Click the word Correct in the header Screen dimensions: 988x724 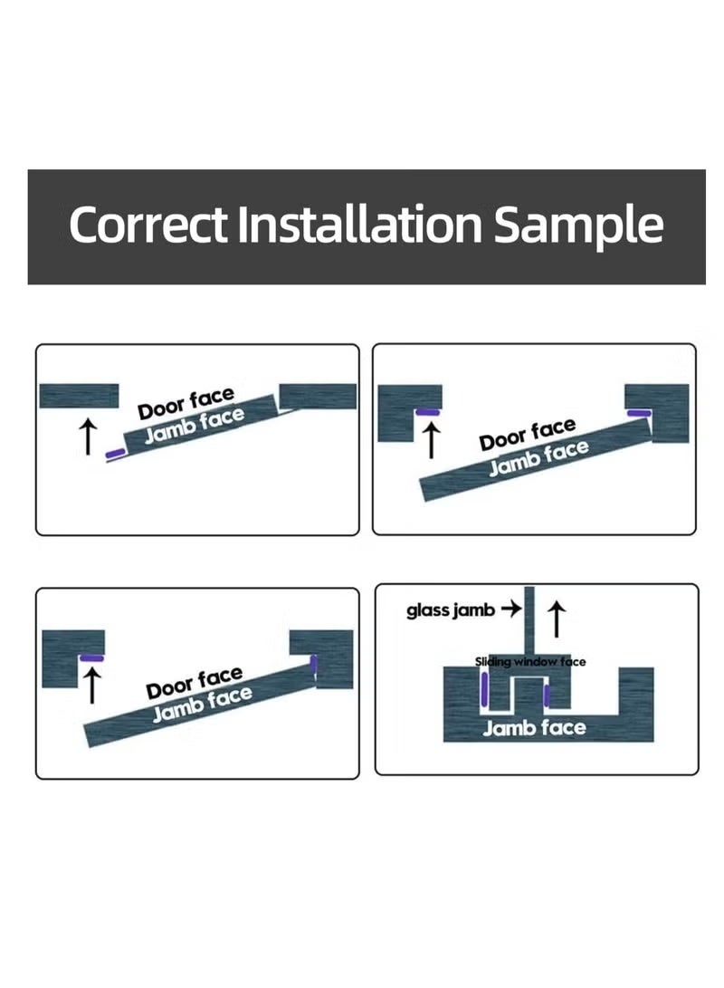coord(149,225)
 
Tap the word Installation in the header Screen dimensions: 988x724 coord(359,225)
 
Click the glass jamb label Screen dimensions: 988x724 coord(451,610)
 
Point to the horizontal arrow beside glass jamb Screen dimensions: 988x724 coord(510,609)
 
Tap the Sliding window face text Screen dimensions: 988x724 coord(530,662)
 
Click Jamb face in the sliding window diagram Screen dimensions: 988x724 coord(534,727)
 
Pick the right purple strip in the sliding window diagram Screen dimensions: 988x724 coord(548,696)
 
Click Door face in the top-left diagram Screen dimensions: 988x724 coord(186,404)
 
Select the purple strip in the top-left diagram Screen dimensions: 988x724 coord(115,452)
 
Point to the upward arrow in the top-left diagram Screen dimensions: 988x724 coord(88,435)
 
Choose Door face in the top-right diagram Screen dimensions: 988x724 coord(527,435)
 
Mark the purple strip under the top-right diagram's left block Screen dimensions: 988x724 coord(427,412)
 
